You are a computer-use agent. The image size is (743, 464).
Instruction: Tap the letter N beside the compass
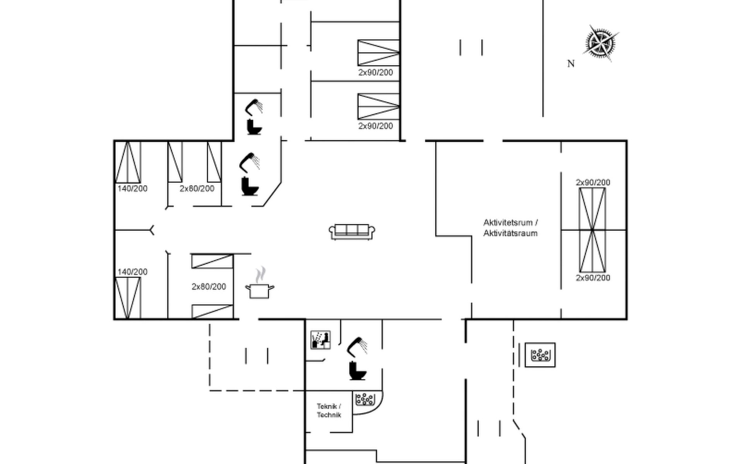(571, 64)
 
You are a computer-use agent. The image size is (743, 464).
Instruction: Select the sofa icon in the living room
(352, 232)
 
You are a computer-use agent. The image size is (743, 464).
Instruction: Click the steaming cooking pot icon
(260, 283)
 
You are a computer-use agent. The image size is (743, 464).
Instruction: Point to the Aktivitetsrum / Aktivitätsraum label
(510, 228)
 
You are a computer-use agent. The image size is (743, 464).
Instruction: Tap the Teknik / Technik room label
(329, 411)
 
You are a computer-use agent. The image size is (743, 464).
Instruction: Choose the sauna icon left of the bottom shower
(321, 340)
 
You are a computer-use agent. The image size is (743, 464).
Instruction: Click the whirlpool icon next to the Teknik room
(365, 399)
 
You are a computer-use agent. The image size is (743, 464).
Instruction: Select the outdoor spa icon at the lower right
(540, 355)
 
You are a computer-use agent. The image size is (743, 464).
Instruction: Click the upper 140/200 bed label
(132, 189)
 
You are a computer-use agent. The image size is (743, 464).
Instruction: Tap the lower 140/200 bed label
(132, 272)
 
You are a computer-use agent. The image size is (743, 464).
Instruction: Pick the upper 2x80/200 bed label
(197, 189)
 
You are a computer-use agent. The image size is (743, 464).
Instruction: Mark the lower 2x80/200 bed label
(209, 287)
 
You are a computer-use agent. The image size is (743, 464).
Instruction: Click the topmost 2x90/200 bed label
(375, 72)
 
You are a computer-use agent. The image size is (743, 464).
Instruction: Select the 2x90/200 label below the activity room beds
(593, 278)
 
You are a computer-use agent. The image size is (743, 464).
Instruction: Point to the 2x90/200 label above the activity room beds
(593, 182)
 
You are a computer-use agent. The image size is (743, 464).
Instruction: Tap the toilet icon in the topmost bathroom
(254, 127)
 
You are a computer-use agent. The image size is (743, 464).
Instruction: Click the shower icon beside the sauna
(357, 346)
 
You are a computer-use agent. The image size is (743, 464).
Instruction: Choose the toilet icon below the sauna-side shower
(357, 371)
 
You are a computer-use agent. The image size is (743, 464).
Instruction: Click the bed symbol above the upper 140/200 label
(128, 162)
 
